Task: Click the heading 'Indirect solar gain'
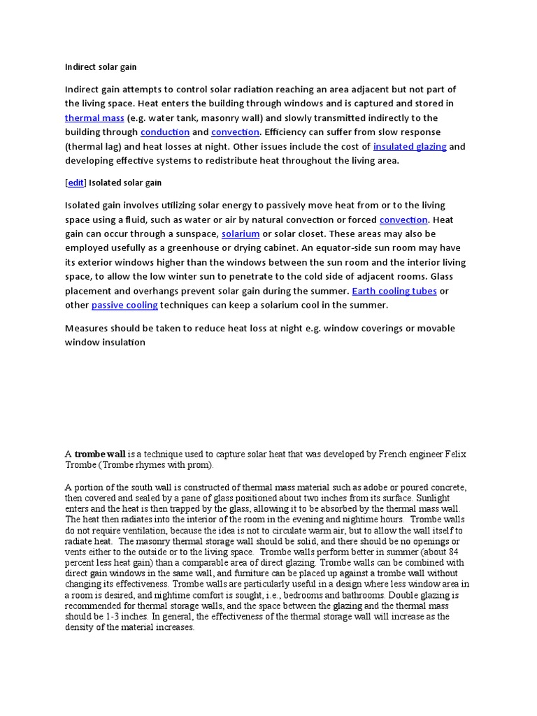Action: pyautogui.click(x=101, y=67)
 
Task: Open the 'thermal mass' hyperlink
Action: pyautogui.click(x=94, y=118)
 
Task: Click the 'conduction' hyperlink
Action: pyautogui.click(x=165, y=132)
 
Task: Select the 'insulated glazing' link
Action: pyautogui.click(x=410, y=147)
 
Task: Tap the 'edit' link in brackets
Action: pyautogui.click(x=76, y=182)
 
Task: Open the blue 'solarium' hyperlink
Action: pyautogui.click(x=241, y=234)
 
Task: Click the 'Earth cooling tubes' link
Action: pyautogui.click(x=394, y=291)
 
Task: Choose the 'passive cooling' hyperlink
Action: pyautogui.click(x=124, y=306)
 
